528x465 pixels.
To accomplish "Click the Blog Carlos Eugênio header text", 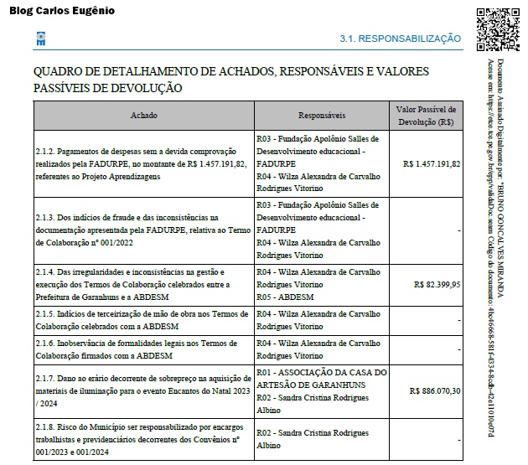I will click(61, 11).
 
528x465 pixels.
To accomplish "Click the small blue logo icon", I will click(40, 39).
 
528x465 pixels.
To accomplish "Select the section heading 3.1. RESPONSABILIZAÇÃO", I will click(400, 39).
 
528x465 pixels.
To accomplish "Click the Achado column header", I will click(143, 115).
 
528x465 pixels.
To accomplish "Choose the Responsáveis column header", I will click(322, 115).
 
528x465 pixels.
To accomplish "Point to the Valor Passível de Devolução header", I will click(427, 115).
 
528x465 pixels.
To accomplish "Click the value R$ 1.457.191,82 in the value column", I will click(432, 163).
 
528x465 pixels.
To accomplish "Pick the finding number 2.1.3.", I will click(45, 217).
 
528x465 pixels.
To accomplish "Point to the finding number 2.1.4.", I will click(45, 272).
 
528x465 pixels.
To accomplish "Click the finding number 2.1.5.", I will click(45, 313).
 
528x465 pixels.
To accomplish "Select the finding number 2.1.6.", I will click(45, 344).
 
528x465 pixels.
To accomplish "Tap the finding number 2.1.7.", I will click(45, 379).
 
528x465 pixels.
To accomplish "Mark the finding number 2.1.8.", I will click(45, 426).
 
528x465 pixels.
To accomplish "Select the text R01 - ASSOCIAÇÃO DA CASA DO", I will click(322, 373).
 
